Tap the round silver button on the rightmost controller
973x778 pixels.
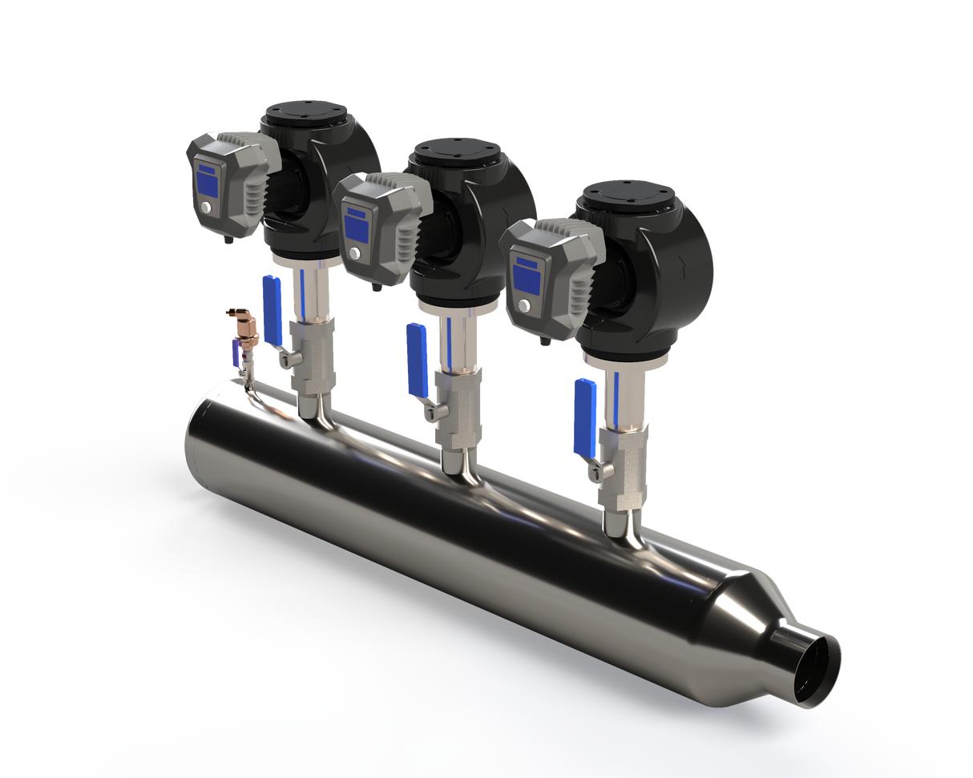point(524,307)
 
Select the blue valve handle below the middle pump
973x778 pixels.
point(417,359)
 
